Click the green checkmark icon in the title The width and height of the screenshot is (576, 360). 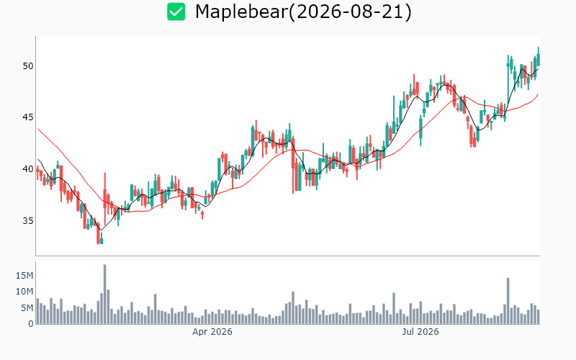click(176, 12)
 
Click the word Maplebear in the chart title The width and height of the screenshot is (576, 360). click(241, 12)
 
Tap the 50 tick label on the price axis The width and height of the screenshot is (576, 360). click(28, 66)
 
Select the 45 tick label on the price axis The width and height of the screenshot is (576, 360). click(28, 117)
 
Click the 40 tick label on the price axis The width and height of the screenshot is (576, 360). click(28, 169)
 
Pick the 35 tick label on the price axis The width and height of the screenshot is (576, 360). click(28, 221)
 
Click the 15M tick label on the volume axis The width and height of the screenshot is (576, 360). click(24, 276)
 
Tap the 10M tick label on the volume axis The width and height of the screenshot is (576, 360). click(24, 292)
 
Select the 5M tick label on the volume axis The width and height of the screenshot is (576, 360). click(27, 308)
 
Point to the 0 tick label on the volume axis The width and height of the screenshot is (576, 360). click(31, 323)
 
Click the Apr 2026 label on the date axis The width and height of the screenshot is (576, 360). click(212, 332)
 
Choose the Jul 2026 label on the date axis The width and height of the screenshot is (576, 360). click(420, 332)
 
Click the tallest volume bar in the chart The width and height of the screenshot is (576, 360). click(104, 294)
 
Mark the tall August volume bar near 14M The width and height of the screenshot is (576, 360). click(508, 301)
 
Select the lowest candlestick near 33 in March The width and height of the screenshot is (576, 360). click(98, 233)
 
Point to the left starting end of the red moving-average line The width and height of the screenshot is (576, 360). click(38, 129)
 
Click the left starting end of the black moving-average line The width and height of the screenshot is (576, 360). click(38, 159)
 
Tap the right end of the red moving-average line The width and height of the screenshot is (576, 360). click(538, 94)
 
